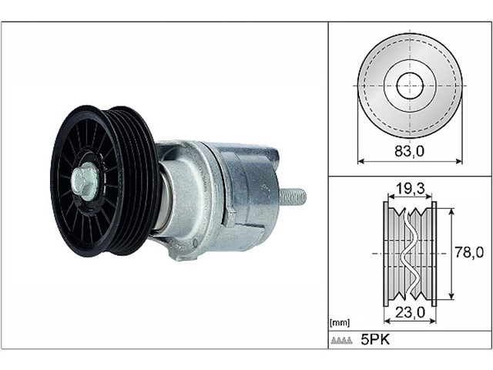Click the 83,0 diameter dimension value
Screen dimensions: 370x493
click(410, 152)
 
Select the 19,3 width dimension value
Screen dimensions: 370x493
click(409, 188)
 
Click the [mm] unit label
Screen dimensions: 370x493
click(340, 322)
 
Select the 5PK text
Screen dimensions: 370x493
click(375, 339)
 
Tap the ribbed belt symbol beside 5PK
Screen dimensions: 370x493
click(341, 340)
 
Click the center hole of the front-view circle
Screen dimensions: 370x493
click(410, 86)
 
